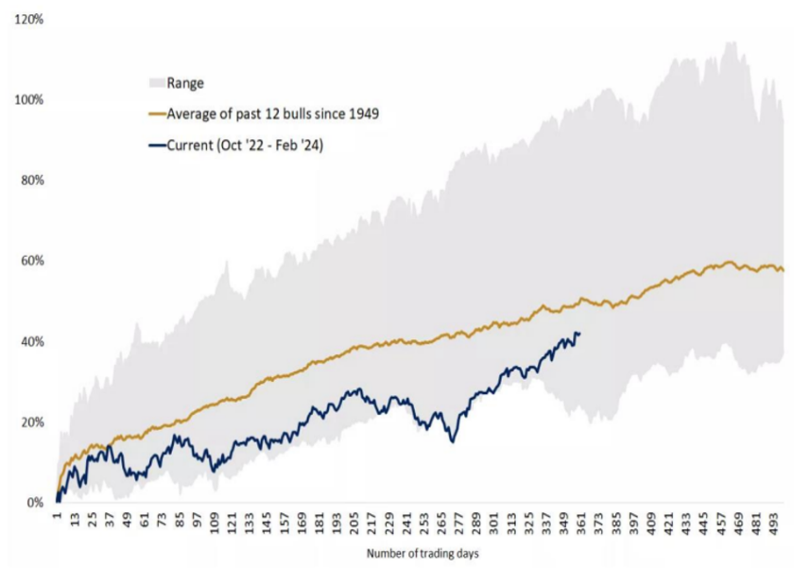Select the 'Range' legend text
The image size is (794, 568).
184,83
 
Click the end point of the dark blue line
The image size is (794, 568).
579,333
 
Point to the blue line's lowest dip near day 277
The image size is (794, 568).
453,441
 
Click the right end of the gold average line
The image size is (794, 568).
784,271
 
